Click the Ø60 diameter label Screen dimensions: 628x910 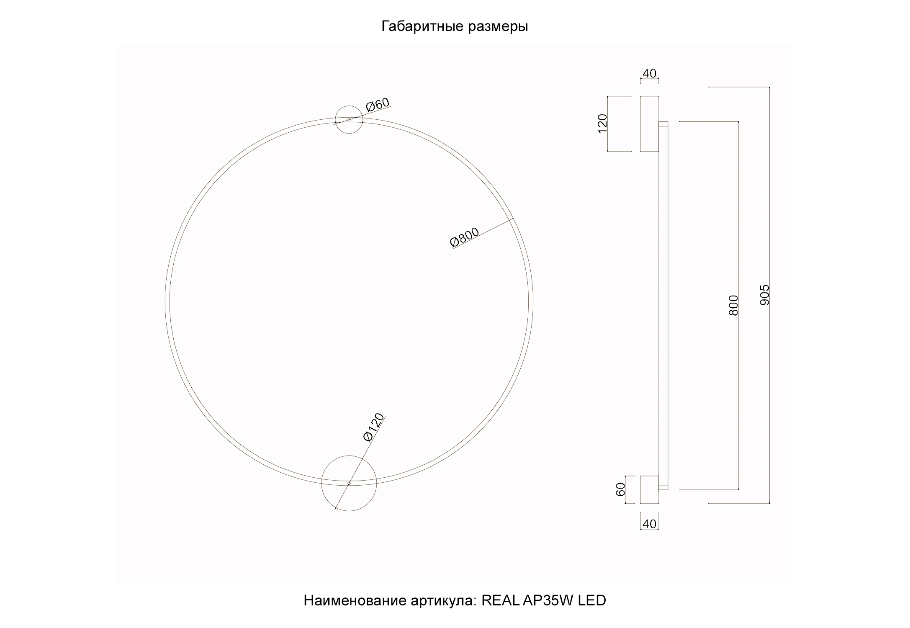point(378,105)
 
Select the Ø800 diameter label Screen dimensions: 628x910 point(464,238)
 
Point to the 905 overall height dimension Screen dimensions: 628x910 point(764,295)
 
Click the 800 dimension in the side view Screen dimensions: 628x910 point(733,305)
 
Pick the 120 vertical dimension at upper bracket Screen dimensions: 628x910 point(602,124)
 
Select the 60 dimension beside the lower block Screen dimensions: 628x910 point(620,489)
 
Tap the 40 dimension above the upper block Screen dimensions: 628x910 point(649,73)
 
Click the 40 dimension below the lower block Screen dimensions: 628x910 point(649,524)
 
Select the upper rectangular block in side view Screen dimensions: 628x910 point(649,124)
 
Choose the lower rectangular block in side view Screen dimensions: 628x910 point(649,489)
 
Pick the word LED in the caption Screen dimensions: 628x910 point(592,600)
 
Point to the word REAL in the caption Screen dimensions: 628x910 point(500,600)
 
